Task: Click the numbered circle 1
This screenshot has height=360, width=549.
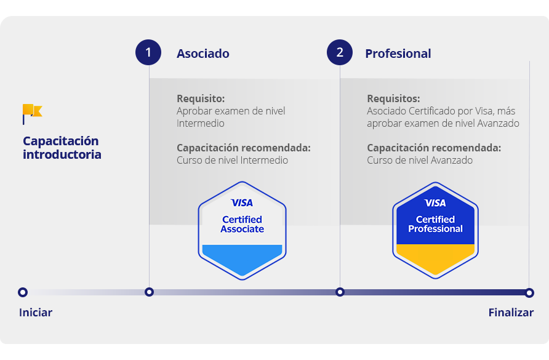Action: [x=148, y=52]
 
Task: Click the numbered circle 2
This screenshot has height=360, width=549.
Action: [x=340, y=52]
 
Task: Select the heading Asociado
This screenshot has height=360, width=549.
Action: [x=203, y=54]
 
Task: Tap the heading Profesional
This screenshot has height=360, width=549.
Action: [x=398, y=54]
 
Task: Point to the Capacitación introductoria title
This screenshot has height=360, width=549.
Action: [x=62, y=148]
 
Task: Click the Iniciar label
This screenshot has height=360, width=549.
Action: [x=36, y=313]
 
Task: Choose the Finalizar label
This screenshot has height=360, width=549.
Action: [x=511, y=313]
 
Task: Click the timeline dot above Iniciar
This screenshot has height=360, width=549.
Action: [x=23, y=292]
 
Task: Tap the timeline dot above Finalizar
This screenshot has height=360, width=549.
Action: [x=529, y=292]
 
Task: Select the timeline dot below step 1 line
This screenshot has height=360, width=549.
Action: [x=149, y=292]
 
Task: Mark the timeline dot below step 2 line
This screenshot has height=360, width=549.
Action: [x=340, y=292]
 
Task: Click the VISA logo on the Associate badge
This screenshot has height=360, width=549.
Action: [x=242, y=202]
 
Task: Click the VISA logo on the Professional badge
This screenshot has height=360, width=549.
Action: [x=435, y=202]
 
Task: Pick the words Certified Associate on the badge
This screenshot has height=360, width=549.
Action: [x=242, y=224]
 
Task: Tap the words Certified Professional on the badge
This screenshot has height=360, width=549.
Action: [x=435, y=224]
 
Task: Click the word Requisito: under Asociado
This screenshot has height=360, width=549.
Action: [x=201, y=98]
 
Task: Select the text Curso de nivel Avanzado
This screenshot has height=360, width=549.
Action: [x=420, y=161]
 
